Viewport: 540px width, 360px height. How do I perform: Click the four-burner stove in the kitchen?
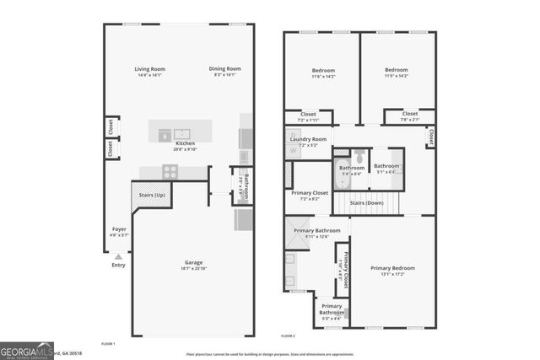click(x=170, y=170)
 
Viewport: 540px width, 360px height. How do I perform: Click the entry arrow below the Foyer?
click(x=118, y=256)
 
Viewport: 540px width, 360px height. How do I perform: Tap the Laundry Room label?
click(x=307, y=139)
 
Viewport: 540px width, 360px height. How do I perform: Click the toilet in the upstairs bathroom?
click(x=359, y=156)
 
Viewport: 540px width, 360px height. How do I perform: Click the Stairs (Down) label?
click(x=367, y=203)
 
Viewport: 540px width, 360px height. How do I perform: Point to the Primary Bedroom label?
click(x=392, y=268)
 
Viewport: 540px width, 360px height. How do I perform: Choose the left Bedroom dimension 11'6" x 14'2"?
click(x=323, y=77)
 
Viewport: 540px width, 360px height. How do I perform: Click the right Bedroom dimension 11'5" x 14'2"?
click(x=397, y=77)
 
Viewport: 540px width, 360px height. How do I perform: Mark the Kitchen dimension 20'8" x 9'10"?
click(x=186, y=150)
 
